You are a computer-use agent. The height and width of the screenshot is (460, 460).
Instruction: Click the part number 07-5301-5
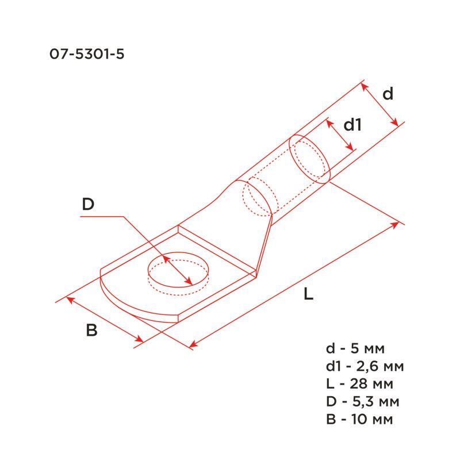pos(87,54)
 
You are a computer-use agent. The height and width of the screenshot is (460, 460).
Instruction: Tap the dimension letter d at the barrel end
pos(388,94)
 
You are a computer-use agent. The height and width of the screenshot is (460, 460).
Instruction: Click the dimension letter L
pos(308,294)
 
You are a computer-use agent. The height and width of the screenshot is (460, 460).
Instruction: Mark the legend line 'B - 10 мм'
pos(359,419)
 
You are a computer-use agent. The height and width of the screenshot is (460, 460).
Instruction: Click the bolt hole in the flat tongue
pos(178,273)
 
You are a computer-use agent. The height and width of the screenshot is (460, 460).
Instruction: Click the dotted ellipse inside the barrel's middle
pos(258,198)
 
